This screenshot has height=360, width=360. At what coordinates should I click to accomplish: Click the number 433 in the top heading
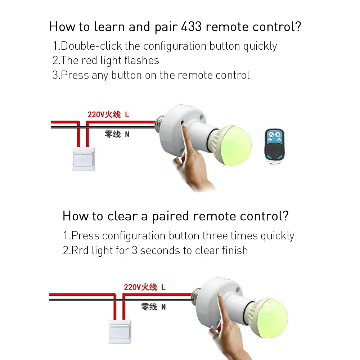pos(191,27)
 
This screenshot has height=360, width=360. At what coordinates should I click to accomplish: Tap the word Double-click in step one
pos(91,46)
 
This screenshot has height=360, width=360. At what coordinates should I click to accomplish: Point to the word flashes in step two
pos(141,60)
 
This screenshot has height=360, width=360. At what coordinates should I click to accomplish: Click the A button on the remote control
pos(271,135)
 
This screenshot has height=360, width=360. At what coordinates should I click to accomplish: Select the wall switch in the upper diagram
pos(84,159)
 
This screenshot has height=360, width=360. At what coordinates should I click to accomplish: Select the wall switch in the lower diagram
pos(120,332)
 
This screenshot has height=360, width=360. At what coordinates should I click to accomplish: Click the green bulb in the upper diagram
pos(234,145)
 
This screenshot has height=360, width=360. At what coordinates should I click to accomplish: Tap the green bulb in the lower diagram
pos(271,318)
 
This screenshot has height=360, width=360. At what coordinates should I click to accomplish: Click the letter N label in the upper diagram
pos(127,134)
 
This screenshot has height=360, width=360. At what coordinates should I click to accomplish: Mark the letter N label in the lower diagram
pos(163,307)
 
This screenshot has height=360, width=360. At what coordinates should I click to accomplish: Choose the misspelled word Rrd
pos(80,250)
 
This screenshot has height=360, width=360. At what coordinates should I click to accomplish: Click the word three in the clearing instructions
pos(215,236)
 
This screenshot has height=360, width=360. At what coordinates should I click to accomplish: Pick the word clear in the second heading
pos(122,216)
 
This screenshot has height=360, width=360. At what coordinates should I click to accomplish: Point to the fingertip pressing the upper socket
pos(183,124)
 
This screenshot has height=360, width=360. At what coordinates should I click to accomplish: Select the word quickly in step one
pos(260,46)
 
